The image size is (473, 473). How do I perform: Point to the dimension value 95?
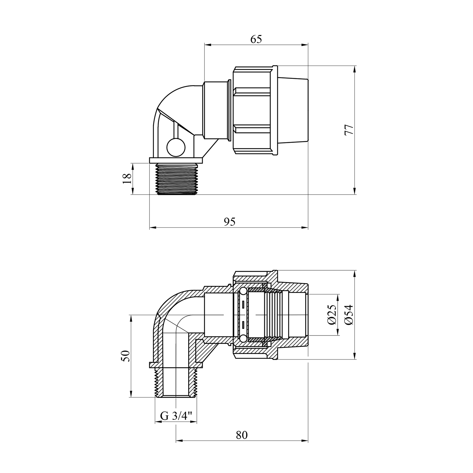230,222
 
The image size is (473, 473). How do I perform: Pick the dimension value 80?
242,435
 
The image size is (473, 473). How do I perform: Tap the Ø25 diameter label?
331,315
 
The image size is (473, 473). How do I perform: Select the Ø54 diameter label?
349,315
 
